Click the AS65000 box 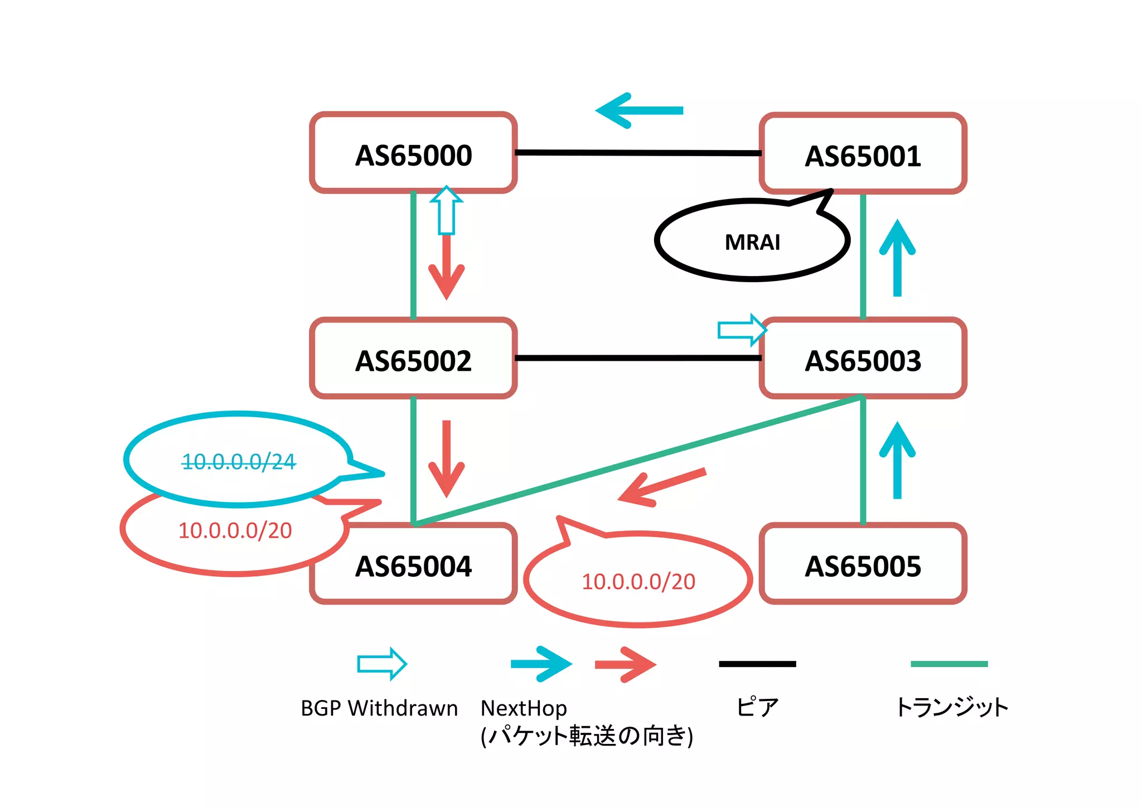pyautogui.click(x=413, y=153)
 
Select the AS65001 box pyautogui.click(x=863, y=154)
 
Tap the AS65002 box pyautogui.click(x=413, y=359)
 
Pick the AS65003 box pyautogui.click(x=863, y=359)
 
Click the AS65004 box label pyautogui.click(x=413, y=566)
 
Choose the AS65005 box pyautogui.click(x=863, y=564)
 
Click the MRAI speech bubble pyautogui.click(x=752, y=241)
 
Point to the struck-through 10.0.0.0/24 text pyautogui.click(x=239, y=461)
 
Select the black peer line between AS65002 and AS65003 pyautogui.click(x=638, y=358)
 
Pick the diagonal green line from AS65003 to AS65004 pyautogui.click(x=638, y=461)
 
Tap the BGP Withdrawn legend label pyautogui.click(x=379, y=708)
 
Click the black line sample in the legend pyautogui.click(x=757, y=664)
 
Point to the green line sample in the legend pyautogui.click(x=949, y=664)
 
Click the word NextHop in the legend pyautogui.click(x=524, y=708)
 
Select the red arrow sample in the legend pyautogui.click(x=625, y=664)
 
